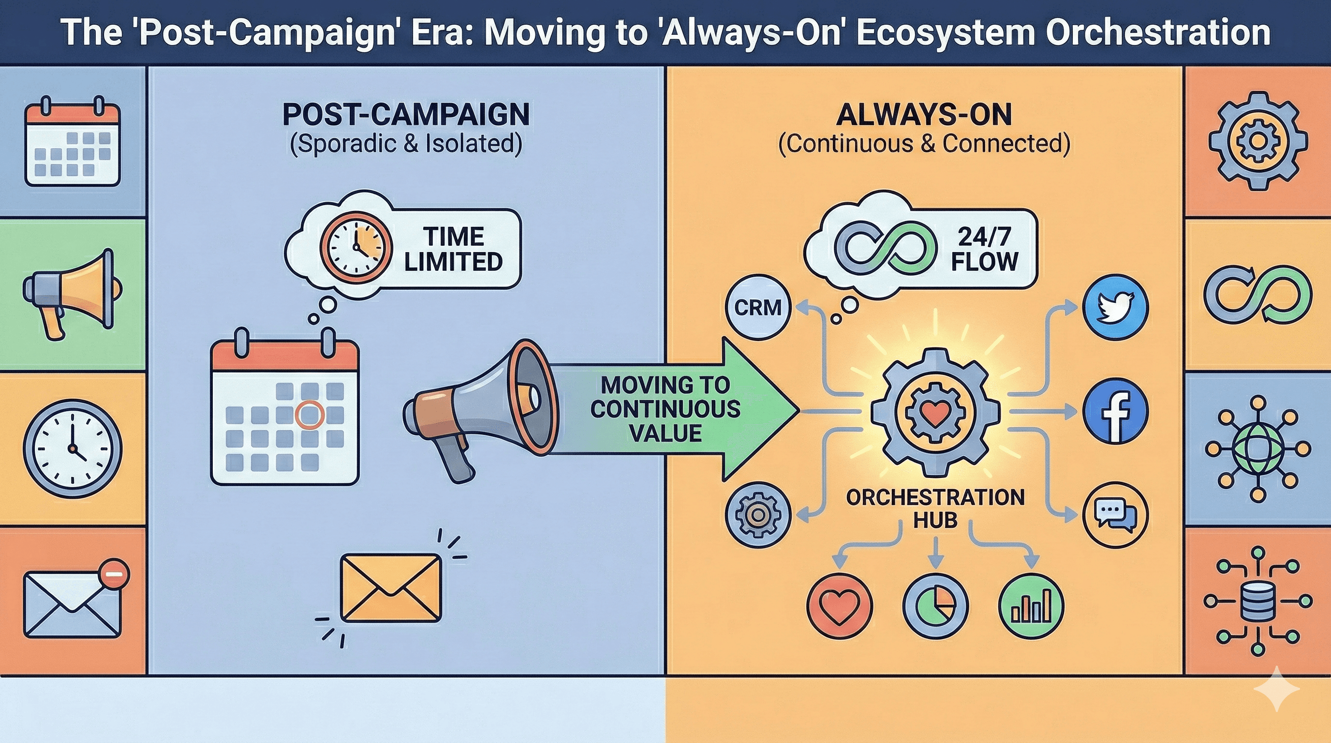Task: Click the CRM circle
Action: pyautogui.click(x=757, y=308)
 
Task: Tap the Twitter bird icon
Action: pyautogui.click(x=1115, y=308)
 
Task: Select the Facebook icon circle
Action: pyautogui.click(x=1115, y=411)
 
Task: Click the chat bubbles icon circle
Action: pyautogui.click(x=1115, y=515)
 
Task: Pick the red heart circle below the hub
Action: pyautogui.click(x=840, y=606)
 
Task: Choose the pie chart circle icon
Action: pyautogui.click(x=935, y=606)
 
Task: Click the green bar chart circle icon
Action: pyautogui.click(x=1031, y=606)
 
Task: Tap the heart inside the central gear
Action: pyautogui.click(x=935, y=412)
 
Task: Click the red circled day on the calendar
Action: pyautogui.click(x=309, y=415)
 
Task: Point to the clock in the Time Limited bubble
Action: pyautogui.click(x=355, y=247)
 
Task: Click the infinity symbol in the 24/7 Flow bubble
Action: pyautogui.click(x=885, y=249)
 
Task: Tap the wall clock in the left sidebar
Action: pyautogui.click(x=73, y=448)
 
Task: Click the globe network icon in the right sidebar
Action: pyautogui.click(x=1257, y=448)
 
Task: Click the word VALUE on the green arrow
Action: pyautogui.click(x=665, y=433)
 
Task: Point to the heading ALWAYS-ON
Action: pyautogui.click(x=924, y=115)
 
